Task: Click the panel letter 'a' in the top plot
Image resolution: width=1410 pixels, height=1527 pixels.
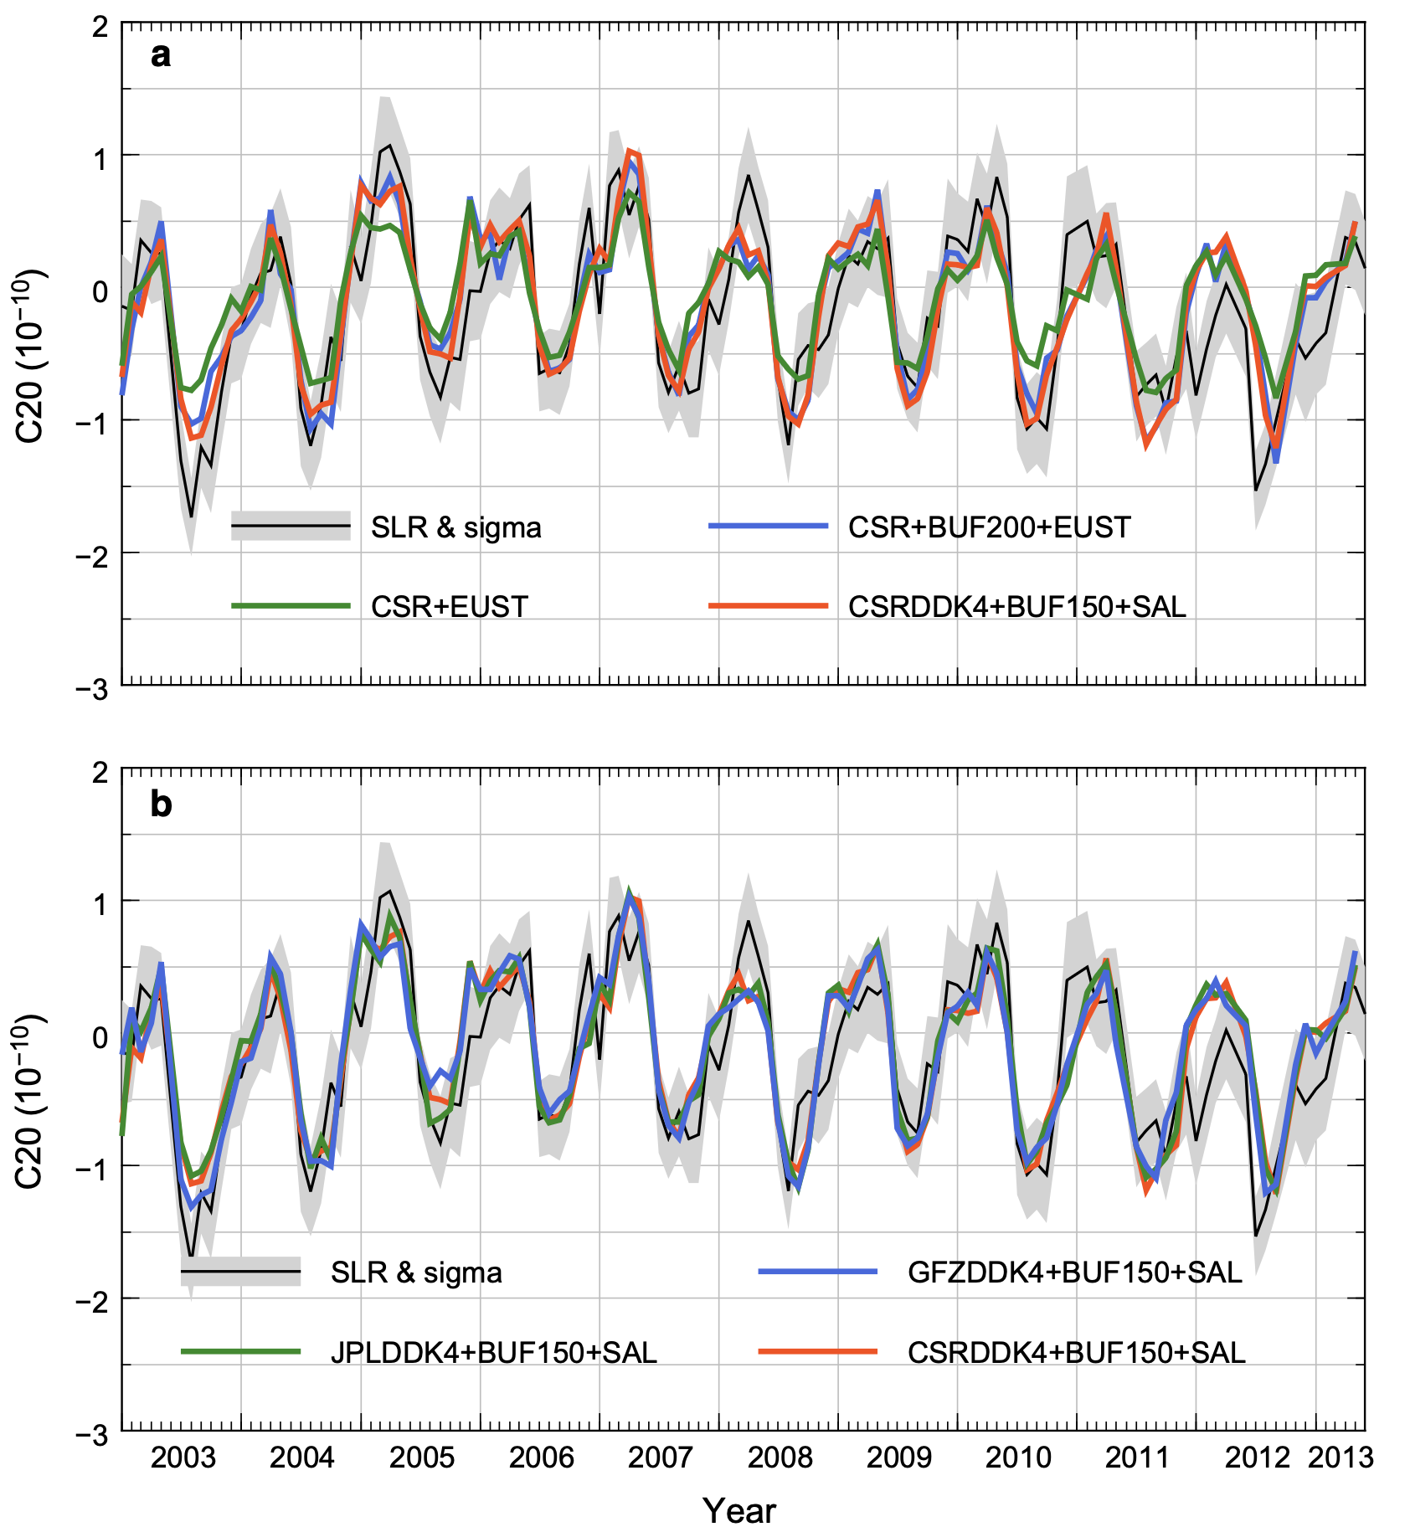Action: click(x=160, y=55)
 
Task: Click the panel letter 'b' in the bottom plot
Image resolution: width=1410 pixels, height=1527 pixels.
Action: click(x=161, y=804)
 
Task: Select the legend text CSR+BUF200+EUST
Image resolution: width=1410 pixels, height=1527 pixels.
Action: click(x=989, y=527)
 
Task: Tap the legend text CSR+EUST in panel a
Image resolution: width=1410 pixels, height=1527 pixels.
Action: click(x=450, y=606)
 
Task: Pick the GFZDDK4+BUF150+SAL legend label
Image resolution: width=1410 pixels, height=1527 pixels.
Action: click(x=1074, y=1272)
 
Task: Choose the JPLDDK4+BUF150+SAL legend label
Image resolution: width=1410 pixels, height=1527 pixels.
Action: click(x=493, y=1352)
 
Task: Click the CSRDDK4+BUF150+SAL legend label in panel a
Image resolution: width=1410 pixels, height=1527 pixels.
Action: click(x=1016, y=606)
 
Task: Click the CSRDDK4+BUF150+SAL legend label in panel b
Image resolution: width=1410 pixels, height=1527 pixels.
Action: click(x=1076, y=1352)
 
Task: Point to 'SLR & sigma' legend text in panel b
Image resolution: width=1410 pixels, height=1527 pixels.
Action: click(x=416, y=1272)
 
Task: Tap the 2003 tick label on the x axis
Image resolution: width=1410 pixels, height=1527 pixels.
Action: click(x=183, y=1458)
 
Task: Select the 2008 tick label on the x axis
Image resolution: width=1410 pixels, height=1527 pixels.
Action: click(x=780, y=1458)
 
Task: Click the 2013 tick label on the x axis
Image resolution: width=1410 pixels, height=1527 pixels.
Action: click(x=1341, y=1458)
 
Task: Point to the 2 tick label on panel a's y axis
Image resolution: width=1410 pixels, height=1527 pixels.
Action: click(x=100, y=27)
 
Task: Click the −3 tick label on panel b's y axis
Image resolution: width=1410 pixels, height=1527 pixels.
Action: click(x=91, y=1436)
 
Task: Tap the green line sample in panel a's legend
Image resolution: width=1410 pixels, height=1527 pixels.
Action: click(x=291, y=605)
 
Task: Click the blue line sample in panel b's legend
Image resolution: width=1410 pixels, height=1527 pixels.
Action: click(x=817, y=1272)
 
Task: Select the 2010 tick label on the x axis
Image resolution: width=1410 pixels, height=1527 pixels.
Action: click(x=1018, y=1458)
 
